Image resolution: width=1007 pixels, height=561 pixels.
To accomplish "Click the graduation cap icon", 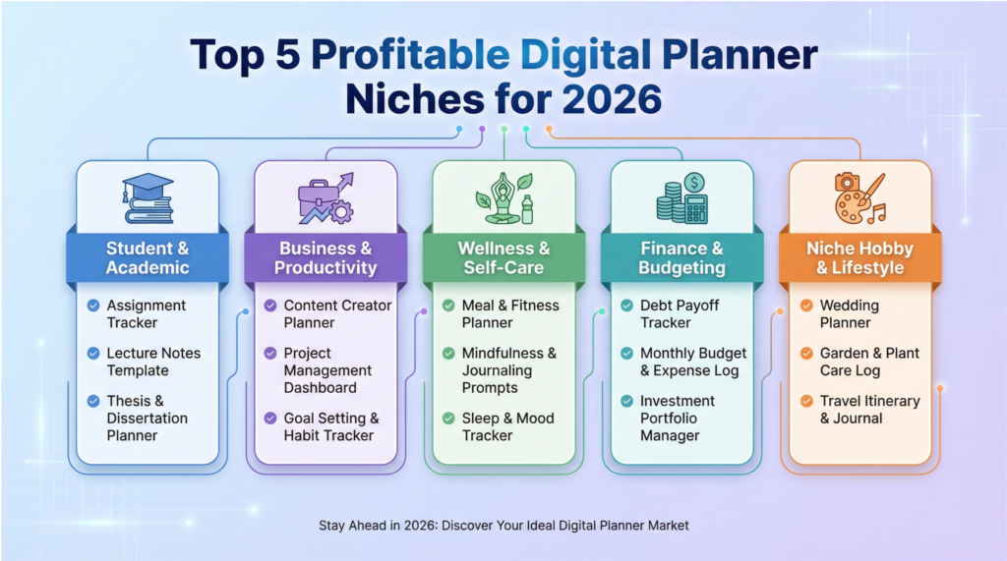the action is pyautogui.click(x=148, y=197).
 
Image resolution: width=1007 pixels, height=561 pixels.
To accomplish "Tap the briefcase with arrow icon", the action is pyautogui.click(x=326, y=197).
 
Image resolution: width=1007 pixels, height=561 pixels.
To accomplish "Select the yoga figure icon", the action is pyautogui.click(x=504, y=197).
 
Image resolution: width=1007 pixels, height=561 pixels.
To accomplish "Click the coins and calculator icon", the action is pyautogui.click(x=682, y=197).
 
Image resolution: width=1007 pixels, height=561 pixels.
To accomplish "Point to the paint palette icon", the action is pyautogui.click(x=860, y=197).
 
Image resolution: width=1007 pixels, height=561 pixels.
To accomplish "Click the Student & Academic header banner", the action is pyautogui.click(x=148, y=257).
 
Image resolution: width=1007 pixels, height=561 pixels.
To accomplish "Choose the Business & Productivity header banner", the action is pyautogui.click(x=326, y=257).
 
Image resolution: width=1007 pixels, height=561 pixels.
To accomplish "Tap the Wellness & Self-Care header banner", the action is pyautogui.click(x=504, y=257).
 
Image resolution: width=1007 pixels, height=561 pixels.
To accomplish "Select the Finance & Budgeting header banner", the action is pyautogui.click(x=682, y=257).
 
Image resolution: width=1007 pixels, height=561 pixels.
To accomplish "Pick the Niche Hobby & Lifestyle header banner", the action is pyautogui.click(x=860, y=257).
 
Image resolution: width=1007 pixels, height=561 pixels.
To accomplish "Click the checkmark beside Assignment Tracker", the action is pyautogui.click(x=93, y=306).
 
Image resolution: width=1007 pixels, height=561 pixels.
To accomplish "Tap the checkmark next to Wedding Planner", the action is pyautogui.click(x=806, y=306).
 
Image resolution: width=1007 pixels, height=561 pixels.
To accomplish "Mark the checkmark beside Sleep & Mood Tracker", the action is pyautogui.click(x=448, y=419).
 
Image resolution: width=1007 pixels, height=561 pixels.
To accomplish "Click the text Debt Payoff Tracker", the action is pyautogui.click(x=680, y=313).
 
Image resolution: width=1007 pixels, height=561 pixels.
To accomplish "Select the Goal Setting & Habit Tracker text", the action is pyautogui.click(x=331, y=426).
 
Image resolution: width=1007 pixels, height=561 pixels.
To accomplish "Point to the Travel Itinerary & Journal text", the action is pyautogui.click(x=869, y=410).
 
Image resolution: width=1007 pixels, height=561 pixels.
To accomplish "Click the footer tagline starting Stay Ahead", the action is pyautogui.click(x=503, y=526).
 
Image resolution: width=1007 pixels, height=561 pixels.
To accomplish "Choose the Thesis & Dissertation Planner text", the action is pyautogui.click(x=148, y=418).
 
